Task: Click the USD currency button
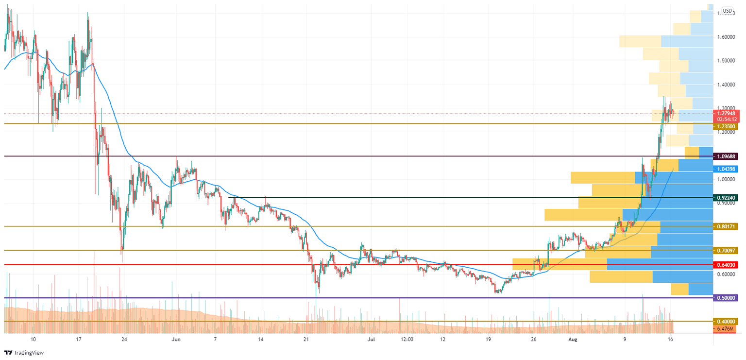[x=727, y=10]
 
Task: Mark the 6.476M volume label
[x=726, y=329]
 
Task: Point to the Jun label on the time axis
[x=176, y=339]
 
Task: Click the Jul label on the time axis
[x=371, y=339]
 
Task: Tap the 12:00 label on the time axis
[x=407, y=339]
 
